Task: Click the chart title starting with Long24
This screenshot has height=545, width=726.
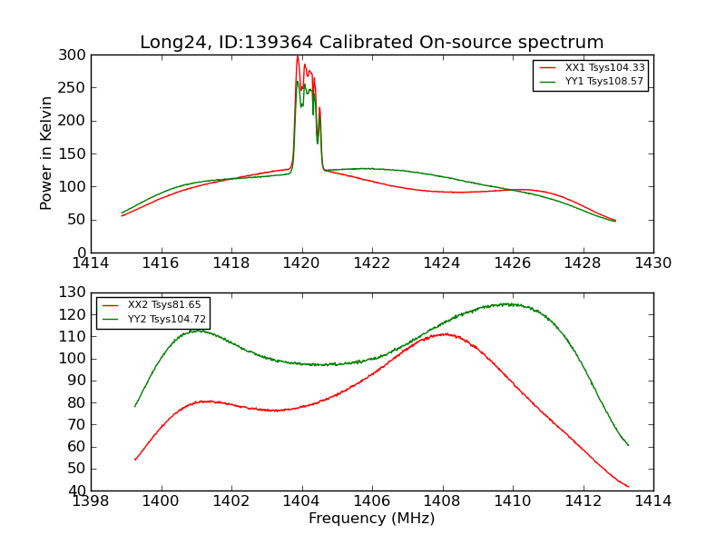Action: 371,43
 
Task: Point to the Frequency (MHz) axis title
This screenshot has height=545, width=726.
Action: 371,519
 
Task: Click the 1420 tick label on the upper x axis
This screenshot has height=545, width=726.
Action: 301,263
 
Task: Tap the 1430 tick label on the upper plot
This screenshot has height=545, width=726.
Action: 653,263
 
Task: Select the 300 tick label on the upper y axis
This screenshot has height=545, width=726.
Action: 74,54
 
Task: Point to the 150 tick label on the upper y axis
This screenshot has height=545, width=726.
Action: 74,154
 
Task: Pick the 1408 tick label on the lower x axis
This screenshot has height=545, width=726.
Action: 442,501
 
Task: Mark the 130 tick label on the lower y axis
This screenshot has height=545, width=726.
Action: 74,292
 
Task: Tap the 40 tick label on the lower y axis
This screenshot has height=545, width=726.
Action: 78,490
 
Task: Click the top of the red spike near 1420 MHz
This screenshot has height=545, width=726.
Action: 298,56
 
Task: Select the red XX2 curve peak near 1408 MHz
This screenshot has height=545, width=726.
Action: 444,333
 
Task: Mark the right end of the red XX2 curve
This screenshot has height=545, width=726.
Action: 628,486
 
